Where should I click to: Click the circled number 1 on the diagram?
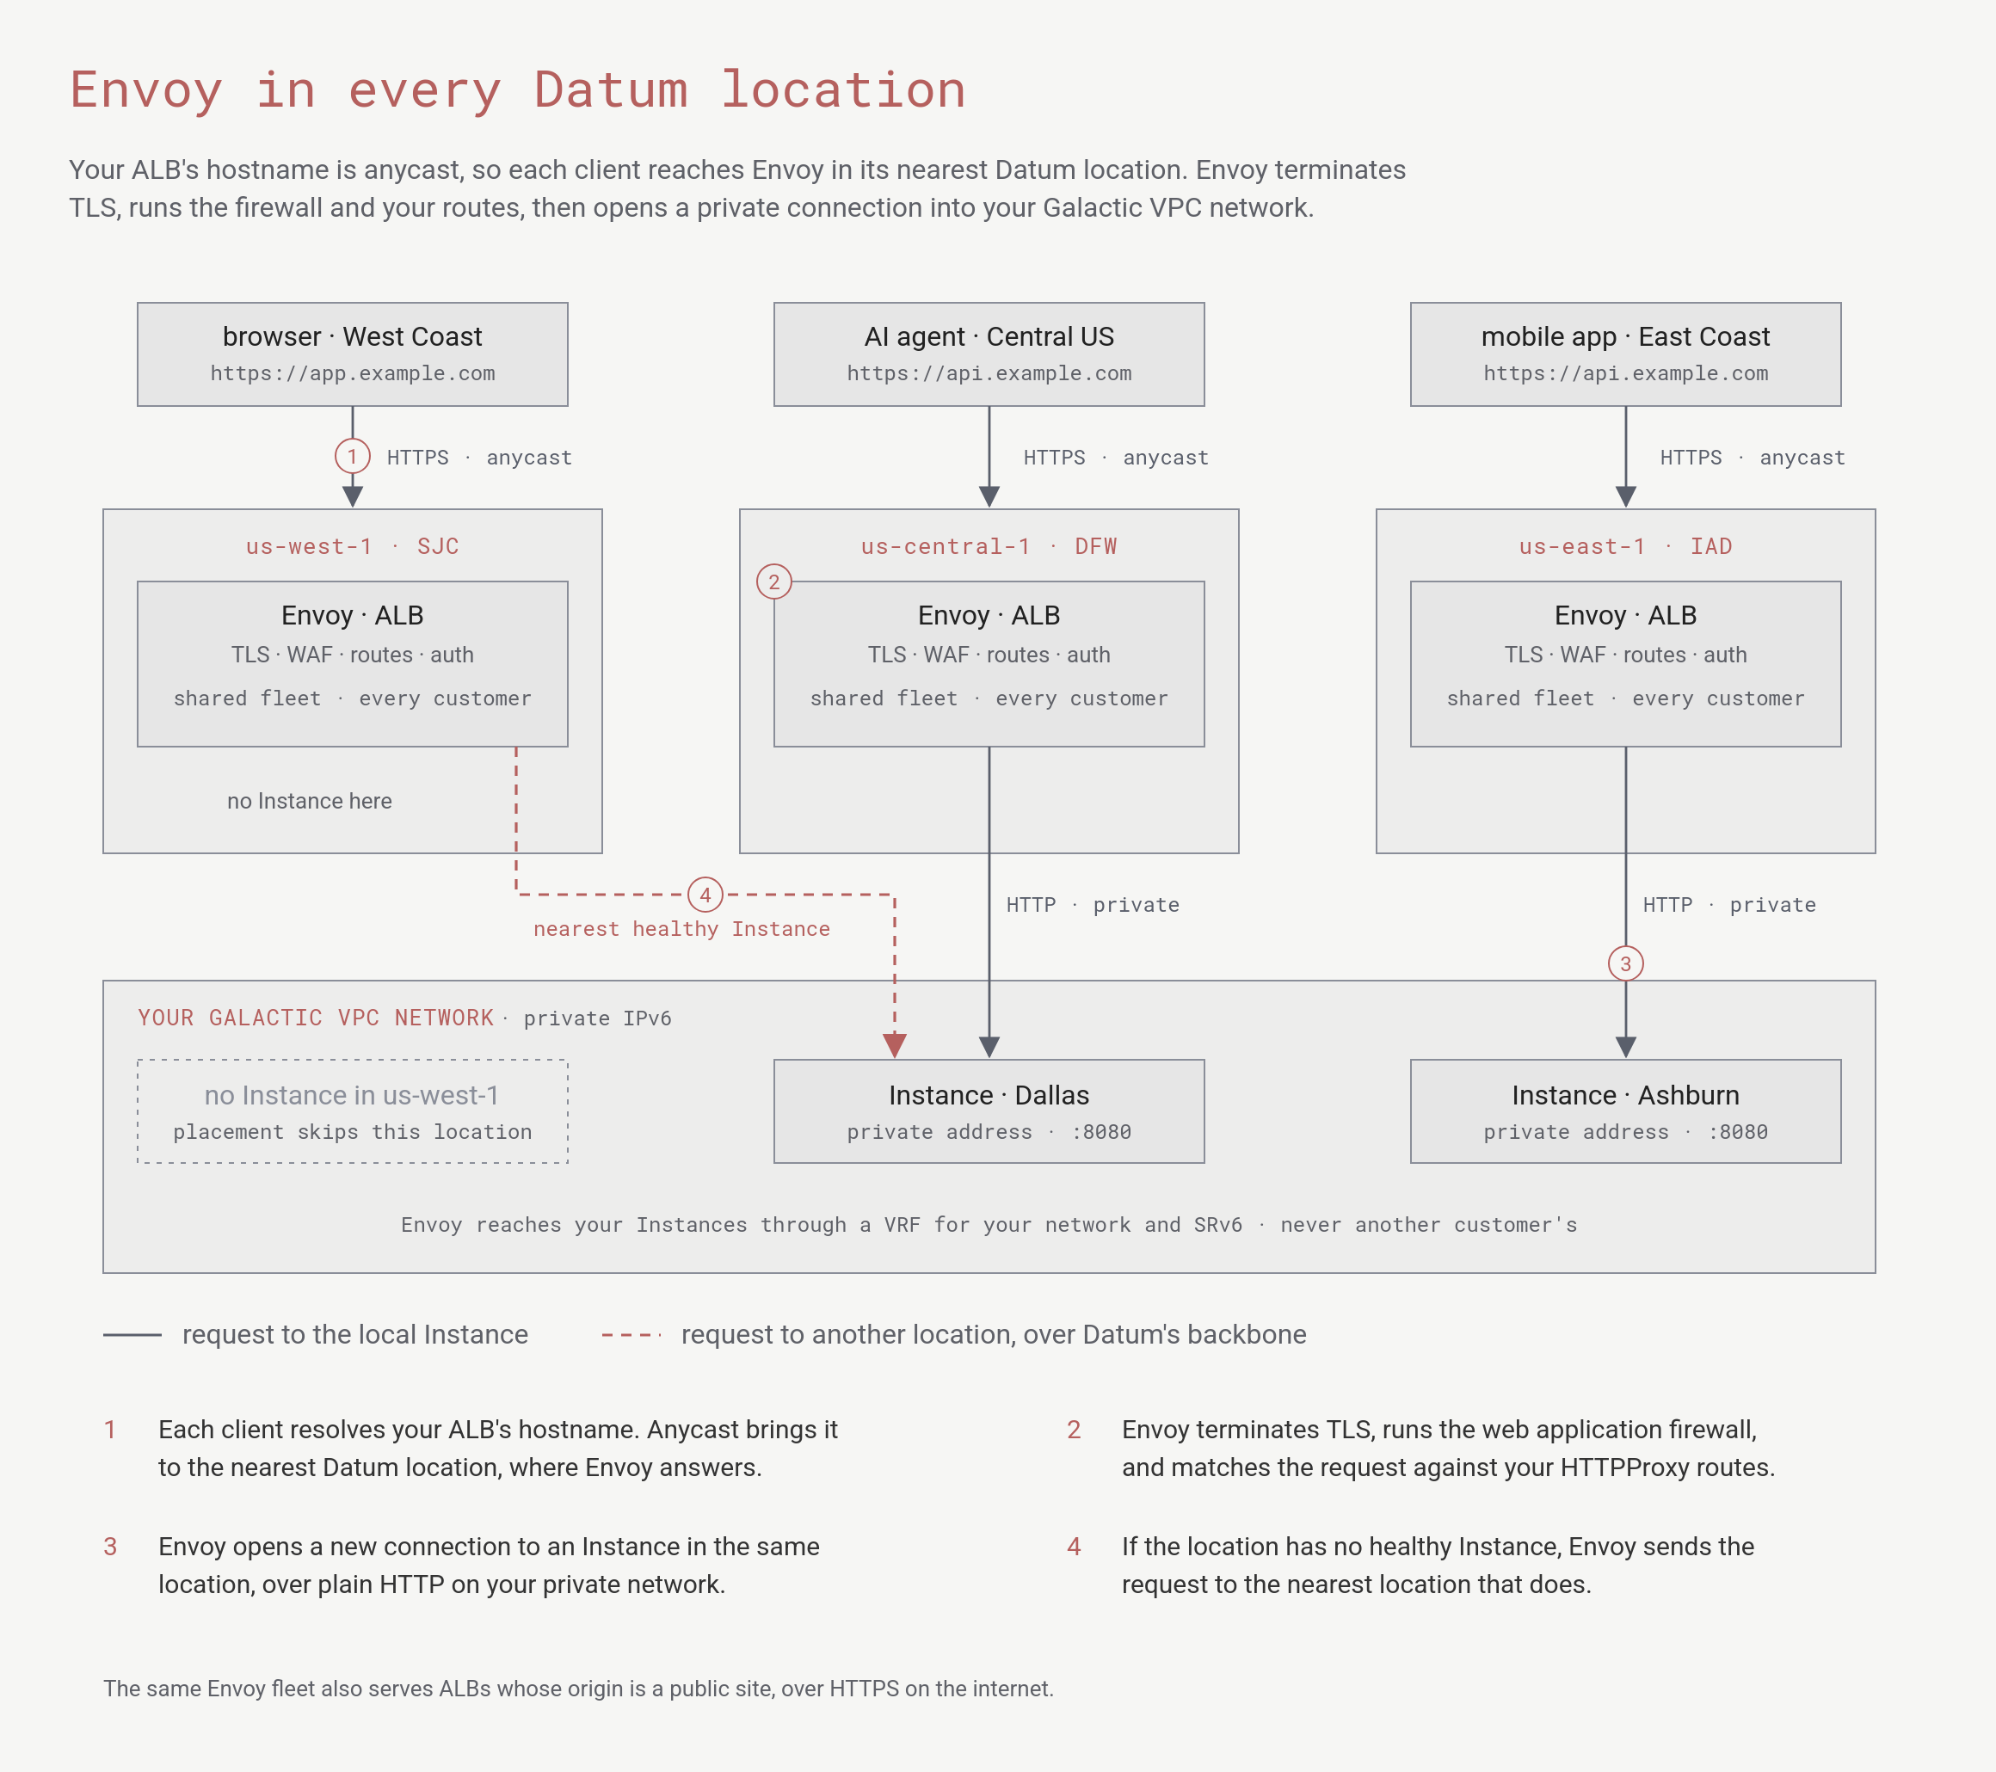(353, 456)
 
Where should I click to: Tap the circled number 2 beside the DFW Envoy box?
(773, 581)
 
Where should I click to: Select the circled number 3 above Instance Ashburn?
(1625, 963)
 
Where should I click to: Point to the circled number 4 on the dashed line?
(705, 895)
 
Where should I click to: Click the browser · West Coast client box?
(353, 354)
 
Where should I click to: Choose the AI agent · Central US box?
(989, 354)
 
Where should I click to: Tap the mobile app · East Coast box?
(1625, 354)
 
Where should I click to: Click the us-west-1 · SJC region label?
(353, 547)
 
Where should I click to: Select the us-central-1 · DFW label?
(989, 547)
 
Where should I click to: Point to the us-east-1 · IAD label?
(1625, 547)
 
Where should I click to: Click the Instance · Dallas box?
(989, 1111)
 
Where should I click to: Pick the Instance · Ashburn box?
(1625, 1111)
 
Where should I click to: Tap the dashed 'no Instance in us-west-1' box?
(353, 1061)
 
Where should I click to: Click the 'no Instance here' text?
(310, 801)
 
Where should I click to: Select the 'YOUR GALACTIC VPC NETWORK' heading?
(316, 1018)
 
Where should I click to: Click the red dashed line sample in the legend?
(631, 1335)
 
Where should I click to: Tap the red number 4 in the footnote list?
(1075, 1547)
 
